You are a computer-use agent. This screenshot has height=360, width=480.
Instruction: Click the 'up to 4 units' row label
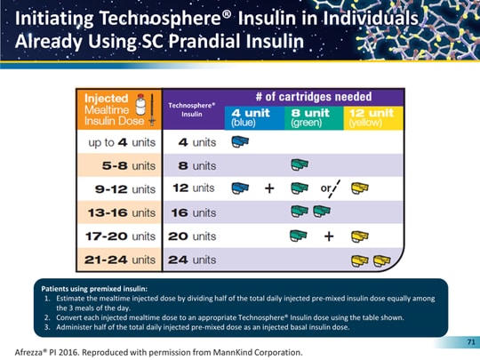tap(119, 141)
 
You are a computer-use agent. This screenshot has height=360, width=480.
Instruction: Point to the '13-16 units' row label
tap(119, 212)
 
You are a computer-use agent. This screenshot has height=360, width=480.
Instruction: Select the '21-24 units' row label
tap(119, 260)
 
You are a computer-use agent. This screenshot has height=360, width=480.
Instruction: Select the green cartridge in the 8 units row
tap(300, 165)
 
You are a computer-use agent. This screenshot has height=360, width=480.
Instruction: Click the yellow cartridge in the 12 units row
tap(360, 188)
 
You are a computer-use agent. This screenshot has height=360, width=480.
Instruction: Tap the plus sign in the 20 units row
tap(328, 236)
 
